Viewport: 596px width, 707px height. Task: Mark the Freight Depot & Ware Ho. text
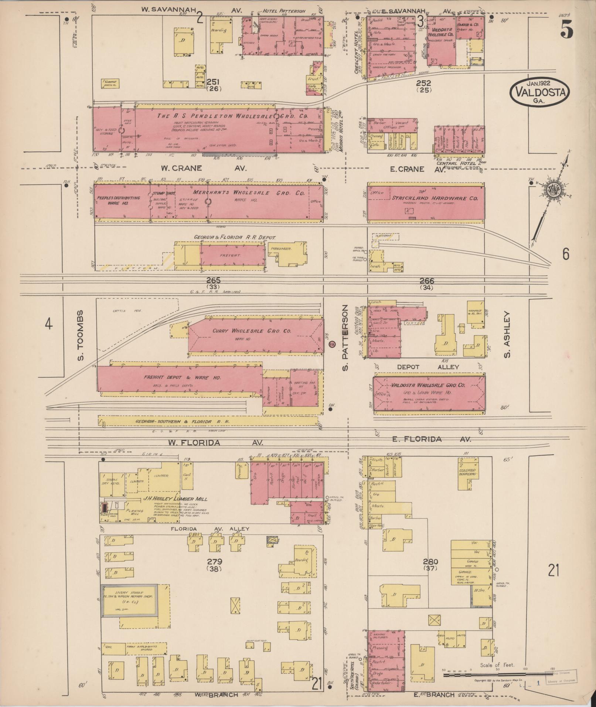pyautogui.click(x=181, y=378)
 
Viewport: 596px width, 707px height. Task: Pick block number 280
pyautogui.click(x=430, y=562)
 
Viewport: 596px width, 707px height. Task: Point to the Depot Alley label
pyautogui.click(x=428, y=367)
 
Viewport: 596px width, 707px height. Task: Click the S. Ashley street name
pyautogui.click(x=507, y=334)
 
